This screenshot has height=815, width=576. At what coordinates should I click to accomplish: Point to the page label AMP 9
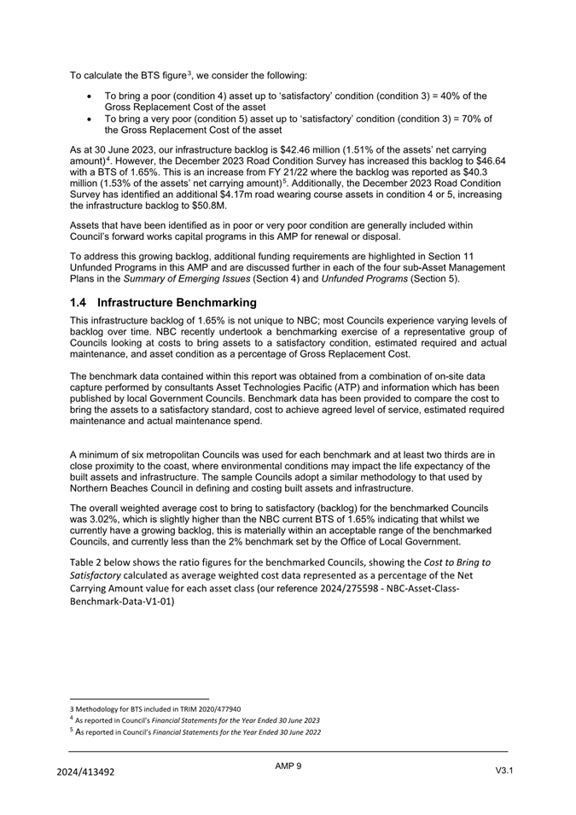(288, 766)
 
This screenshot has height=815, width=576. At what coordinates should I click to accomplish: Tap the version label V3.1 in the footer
(503, 771)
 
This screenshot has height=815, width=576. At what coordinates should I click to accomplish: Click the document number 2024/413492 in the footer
(85, 771)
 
